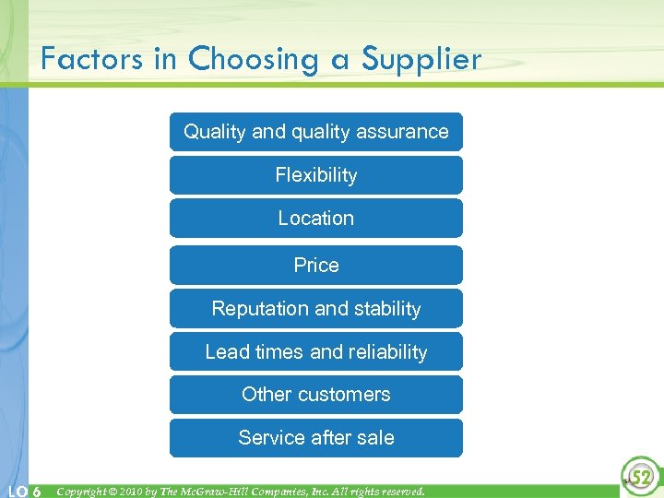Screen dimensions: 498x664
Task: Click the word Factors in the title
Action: pyautogui.click(x=92, y=60)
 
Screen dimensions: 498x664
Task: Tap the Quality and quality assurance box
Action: pyautogui.click(x=315, y=132)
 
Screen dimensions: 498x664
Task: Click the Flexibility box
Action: pyautogui.click(x=315, y=175)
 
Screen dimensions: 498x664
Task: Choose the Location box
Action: pyautogui.click(x=315, y=219)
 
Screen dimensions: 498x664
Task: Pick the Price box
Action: pyautogui.click(x=315, y=266)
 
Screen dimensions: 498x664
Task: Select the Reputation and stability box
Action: pyautogui.click(x=315, y=309)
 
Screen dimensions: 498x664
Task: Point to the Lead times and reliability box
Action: pyautogui.click(x=315, y=352)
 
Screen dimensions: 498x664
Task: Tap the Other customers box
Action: pyautogui.click(x=315, y=395)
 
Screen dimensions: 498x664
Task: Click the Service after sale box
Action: pyautogui.click(x=315, y=438)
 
